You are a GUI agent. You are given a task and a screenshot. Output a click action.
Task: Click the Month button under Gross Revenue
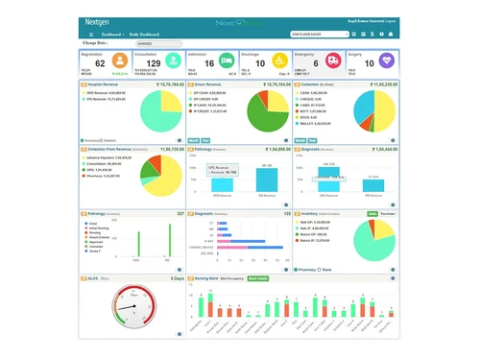(193, 140)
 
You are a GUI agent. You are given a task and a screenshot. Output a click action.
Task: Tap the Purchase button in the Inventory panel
(388, 213)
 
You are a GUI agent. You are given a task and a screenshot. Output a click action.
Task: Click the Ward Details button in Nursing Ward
(257, 278)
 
